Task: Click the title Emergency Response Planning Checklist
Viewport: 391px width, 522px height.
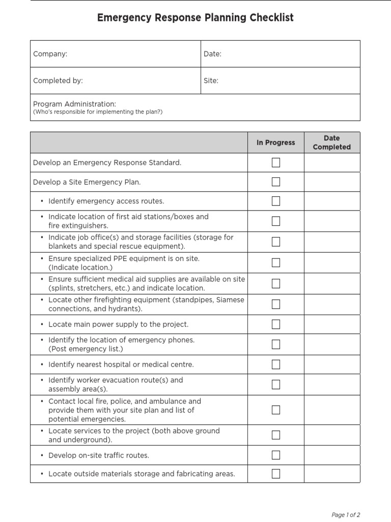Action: [x=195, y=18]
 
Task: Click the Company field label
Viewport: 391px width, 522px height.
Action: [x=50, y=54]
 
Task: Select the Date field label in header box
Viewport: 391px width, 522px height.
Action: [x=212, y=54]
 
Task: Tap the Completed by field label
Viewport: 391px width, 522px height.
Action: [x=58, y=81]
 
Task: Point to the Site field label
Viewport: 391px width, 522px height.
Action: [x=211, y=81]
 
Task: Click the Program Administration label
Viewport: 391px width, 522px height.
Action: [x=74, y=103]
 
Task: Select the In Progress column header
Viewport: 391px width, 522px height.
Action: [x=275, y=143]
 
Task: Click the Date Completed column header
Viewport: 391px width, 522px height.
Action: [x=331, y=143]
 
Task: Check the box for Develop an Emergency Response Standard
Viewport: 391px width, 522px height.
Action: [x=276, y=163]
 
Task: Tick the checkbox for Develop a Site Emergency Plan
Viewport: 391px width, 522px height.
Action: [x=276, y=182]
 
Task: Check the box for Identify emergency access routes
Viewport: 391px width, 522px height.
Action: [x=276, y=201]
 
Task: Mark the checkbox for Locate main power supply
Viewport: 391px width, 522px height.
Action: [x=276, y=324]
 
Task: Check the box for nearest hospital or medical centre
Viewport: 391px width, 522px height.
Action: [x=276, y=364]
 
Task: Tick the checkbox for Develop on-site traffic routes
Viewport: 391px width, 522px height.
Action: [x=276, y=455]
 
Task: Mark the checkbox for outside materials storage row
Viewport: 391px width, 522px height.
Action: [x=276, y=474]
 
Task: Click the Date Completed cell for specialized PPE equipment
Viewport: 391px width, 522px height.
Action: [x=331, y=263]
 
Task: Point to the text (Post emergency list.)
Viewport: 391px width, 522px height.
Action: [x=86, y=349]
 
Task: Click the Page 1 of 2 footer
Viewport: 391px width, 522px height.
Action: [x=346, y=515]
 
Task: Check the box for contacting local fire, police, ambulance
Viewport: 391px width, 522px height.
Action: [x=276, y=410]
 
